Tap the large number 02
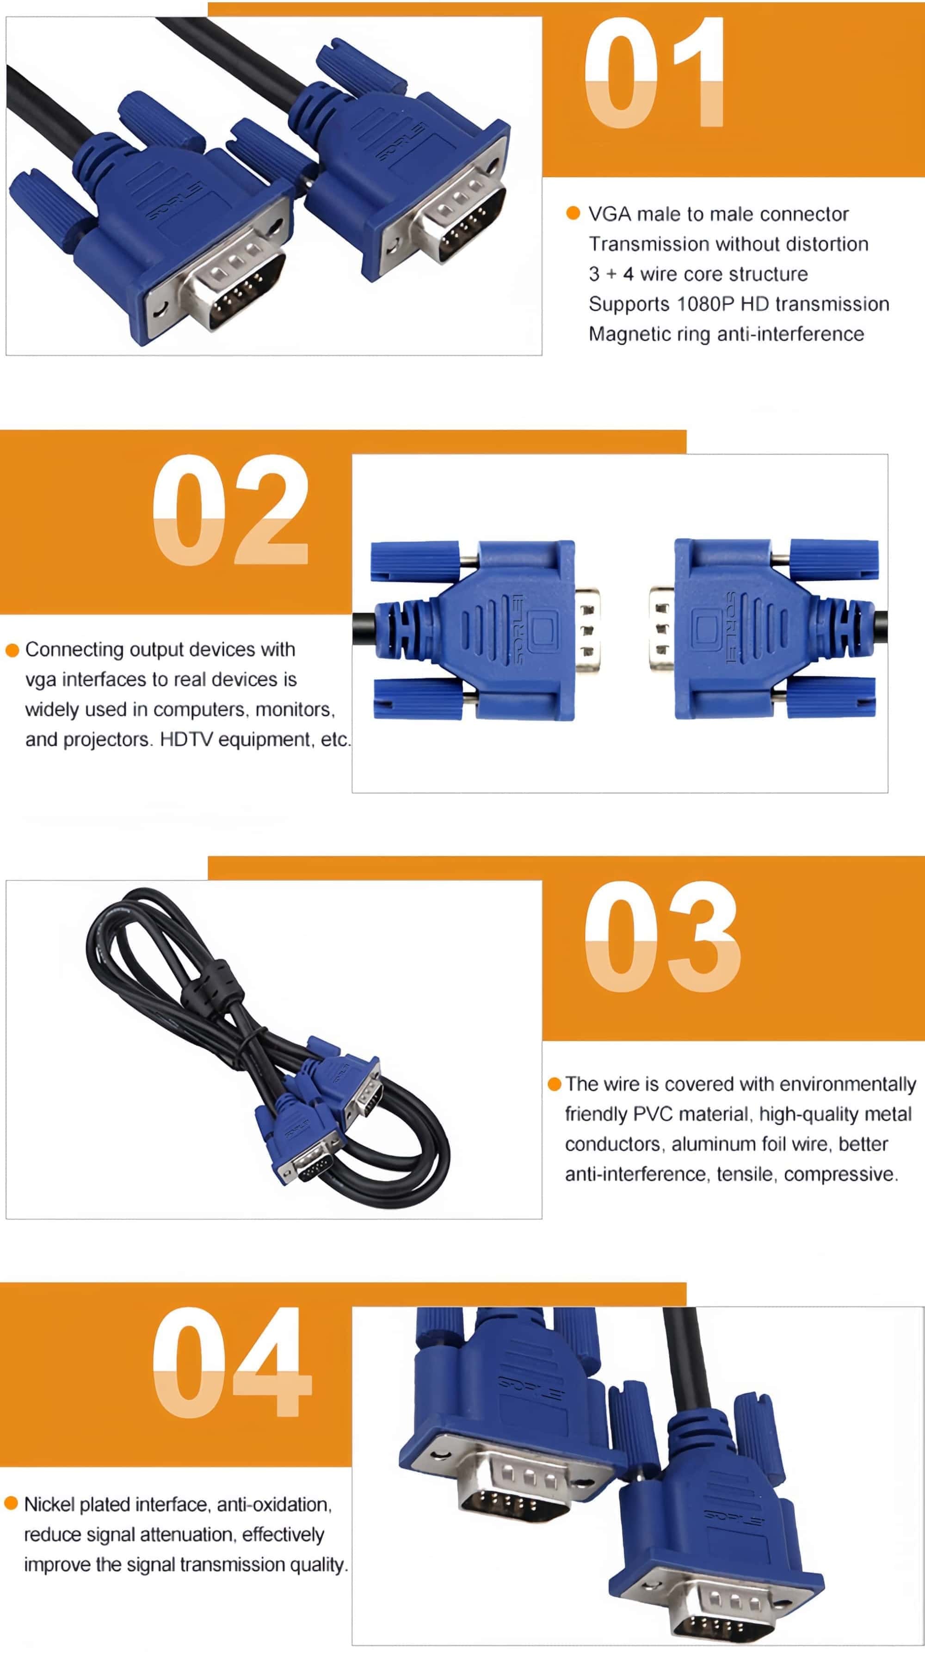pyautogui.click(x=231, y=510)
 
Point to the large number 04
pyautogui.click(x=232, y=1362)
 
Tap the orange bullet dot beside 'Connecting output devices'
pyautogui.click(x=12, y=650)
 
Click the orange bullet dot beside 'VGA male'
pyautogui.click(x=573, y=213)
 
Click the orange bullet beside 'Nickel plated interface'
pyautogui.click(x=11, y=1504)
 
